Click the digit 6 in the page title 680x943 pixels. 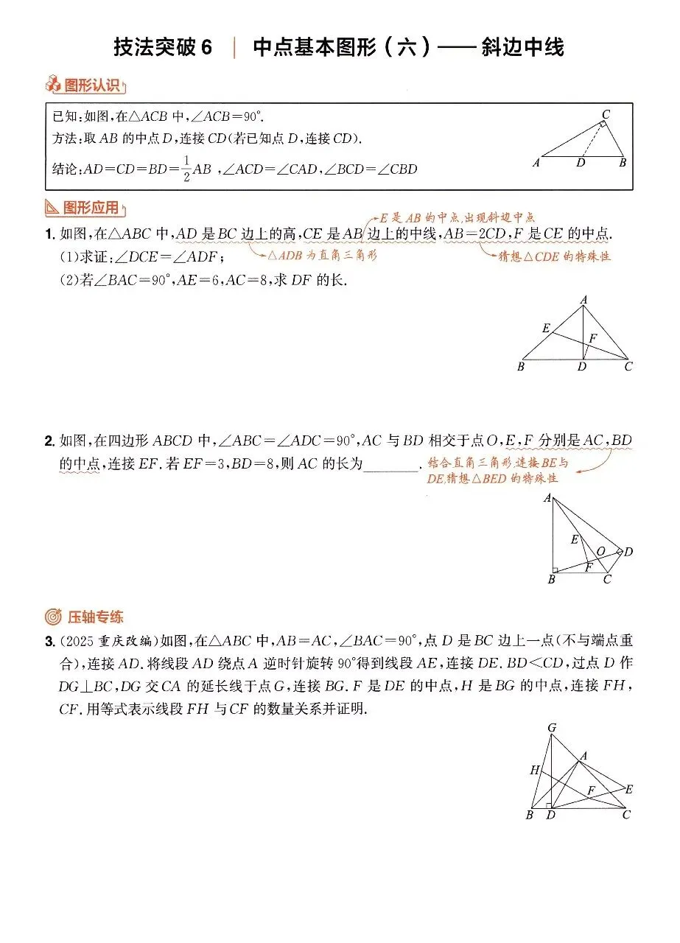click(x=206, y=48)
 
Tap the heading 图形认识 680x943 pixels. click(x=92, y=86)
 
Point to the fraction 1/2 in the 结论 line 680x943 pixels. click(x=186, y=168)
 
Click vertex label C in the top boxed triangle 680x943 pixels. click(x=606, y=114)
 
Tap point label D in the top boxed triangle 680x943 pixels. click(x=581, y=163)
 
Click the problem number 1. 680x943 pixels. click(x=49, y=234)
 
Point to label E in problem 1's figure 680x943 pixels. click(x=545, y=328)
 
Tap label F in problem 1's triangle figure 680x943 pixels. click(x=593, y=339)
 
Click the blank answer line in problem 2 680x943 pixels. click(x=391, y=465)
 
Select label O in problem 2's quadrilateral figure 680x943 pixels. click(x=600, y=551)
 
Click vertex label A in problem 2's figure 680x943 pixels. click(x=547, y=499)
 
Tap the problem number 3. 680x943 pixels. click(x=49, y=642)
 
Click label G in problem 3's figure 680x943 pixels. click(x=551, y=728)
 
